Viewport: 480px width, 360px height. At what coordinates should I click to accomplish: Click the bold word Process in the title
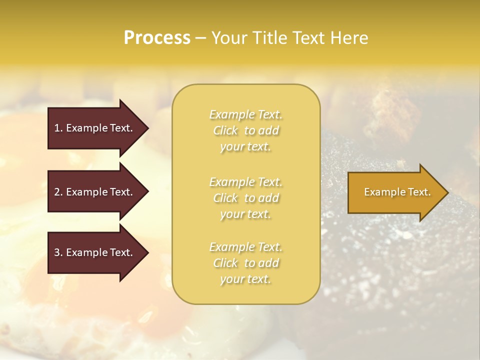point(157,38)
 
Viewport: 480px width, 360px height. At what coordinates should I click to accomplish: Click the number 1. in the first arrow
point(58,128)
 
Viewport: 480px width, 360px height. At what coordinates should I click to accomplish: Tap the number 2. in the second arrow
point(58,192)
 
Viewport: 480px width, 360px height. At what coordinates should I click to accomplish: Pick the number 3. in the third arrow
point(58,252)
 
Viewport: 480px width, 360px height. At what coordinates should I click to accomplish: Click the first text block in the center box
point(245,130)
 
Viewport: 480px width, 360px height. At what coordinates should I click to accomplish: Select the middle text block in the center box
point(245,198)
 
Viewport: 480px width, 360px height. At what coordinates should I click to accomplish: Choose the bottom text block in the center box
point(245,263)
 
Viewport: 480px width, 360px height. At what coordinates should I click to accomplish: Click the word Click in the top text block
point(225,130)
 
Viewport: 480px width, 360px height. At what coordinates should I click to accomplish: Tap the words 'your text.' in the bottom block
point(245,279)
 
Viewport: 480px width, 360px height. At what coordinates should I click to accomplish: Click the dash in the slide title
point(200,38)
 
